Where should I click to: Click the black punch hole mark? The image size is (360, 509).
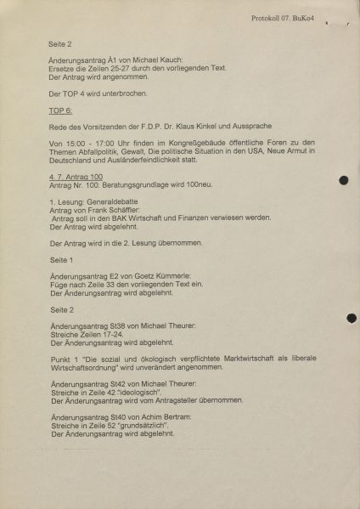(343, 180)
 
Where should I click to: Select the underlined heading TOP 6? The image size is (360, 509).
(62, 111)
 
